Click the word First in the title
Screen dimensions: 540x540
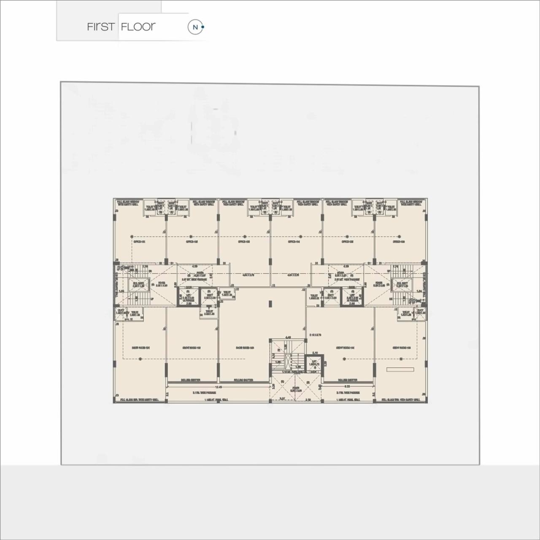click(x=100, y=27)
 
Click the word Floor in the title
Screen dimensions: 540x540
click(x=138, y=27)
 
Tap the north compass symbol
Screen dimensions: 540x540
click(x=195, y=27)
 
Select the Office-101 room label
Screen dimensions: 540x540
click(x=140, y=242)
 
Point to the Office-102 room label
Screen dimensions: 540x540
click(x=192, y=242)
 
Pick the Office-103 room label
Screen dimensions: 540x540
click(x=244, y=242)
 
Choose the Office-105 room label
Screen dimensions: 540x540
click(x=347, y=242)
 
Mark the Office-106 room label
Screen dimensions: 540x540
click(x=399, y=242)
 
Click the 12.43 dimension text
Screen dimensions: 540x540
click(x=219, y=386)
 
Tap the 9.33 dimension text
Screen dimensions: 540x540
click(x=347, y=386)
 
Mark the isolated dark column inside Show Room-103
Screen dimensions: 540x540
click(x=270, y=303)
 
